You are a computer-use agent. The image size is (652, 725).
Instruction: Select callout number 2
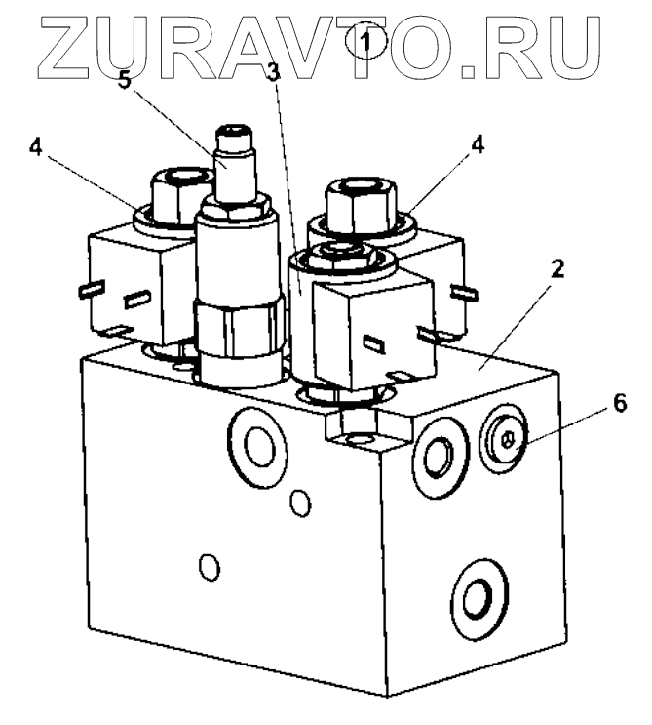pos(556,268)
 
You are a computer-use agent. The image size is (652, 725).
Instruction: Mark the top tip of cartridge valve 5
pos(234,132)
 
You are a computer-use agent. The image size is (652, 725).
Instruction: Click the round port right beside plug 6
pos(436,450)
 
